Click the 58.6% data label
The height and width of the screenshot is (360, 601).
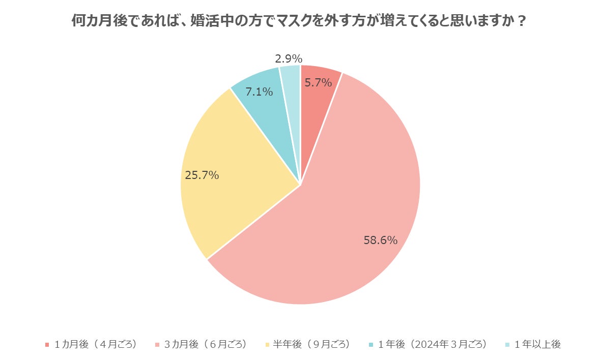pos(380,241)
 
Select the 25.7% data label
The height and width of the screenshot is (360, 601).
pos(202,175)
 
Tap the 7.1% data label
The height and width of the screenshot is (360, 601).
pos(259,92)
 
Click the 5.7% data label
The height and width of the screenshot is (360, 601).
pos(318,82)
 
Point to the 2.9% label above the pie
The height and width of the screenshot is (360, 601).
pos(289,58)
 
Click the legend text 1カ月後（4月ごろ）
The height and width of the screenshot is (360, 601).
pos(96,344)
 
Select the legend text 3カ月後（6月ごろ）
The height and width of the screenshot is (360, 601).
pos(206,344)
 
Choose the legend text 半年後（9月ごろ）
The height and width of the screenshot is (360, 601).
pos(311,344)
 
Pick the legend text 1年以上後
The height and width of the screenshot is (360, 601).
pos(537,344)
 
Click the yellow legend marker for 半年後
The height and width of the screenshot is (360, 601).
pos(268,345)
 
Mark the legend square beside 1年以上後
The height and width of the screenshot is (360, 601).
pos(508,345)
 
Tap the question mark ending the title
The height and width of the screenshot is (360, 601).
pos(521,22)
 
